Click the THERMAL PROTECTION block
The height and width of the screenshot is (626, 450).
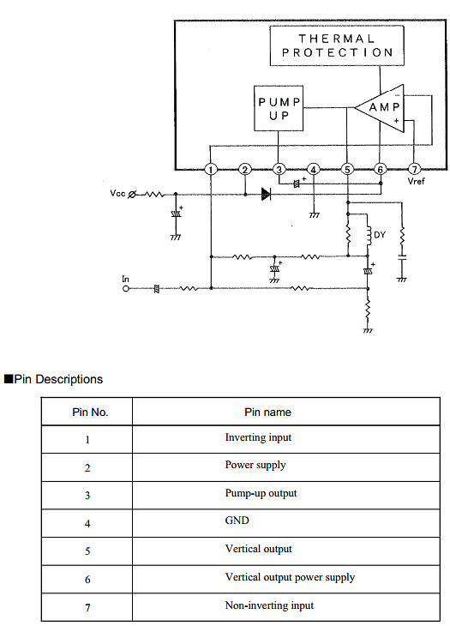point(337,45)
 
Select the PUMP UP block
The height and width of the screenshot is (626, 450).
point(279,108)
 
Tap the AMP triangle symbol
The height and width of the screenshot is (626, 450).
point(380,108)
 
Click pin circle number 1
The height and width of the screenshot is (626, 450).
point(211,169)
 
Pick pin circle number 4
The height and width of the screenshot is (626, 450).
point(314,169)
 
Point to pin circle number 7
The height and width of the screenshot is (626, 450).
point(415,169)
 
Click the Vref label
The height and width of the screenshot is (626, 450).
point(416,181)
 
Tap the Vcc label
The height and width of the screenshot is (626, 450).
point(117,193)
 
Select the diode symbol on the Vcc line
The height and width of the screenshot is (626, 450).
point(266,195)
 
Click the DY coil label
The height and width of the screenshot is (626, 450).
point(380,234)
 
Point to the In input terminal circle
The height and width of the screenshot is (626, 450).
point(126,288)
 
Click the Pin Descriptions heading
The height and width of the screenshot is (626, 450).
point(53,379)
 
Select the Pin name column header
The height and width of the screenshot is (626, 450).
point(267,412)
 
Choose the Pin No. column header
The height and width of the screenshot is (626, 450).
point(90,412)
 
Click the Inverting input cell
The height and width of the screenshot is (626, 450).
point(258,437)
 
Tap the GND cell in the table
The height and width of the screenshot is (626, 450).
point(237,521)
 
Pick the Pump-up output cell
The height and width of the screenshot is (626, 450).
point(261,493)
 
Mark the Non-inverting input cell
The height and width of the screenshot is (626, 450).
point(269,605)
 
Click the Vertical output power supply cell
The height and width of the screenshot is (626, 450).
point(290,577)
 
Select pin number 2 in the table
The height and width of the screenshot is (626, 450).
point(87,468)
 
